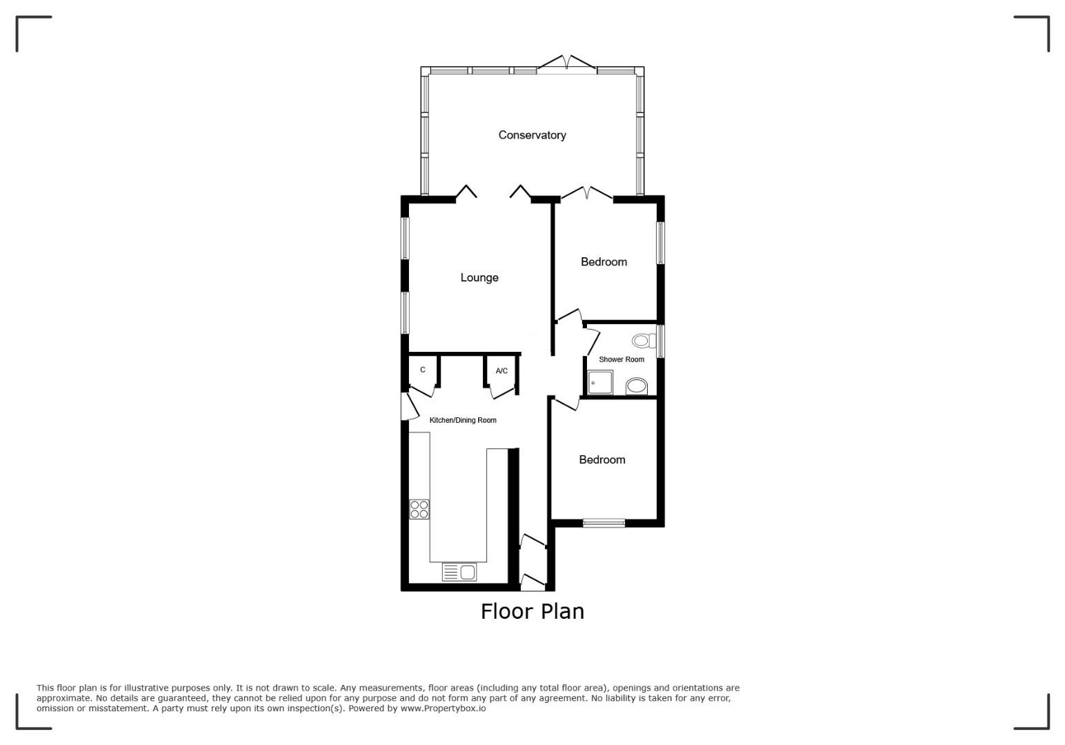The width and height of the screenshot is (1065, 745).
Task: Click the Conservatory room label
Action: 532,135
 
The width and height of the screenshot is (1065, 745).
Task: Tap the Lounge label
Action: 479,278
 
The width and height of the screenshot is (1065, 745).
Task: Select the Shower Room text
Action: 621,359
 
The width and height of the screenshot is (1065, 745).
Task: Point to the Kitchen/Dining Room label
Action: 463,420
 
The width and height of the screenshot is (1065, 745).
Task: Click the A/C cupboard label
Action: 501,371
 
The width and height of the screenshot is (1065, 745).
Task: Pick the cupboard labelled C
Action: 423,370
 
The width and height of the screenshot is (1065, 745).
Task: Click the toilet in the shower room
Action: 644,340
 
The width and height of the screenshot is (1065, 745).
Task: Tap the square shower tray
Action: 600,382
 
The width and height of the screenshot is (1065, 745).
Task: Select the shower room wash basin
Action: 637,386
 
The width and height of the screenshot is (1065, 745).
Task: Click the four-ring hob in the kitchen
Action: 419,509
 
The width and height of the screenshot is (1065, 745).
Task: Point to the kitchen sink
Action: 459,571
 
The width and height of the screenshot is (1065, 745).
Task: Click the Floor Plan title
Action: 532,611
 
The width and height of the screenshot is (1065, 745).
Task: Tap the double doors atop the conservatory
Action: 566,65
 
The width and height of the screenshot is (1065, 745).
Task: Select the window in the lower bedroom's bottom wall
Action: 604,523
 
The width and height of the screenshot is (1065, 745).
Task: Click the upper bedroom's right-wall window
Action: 660,243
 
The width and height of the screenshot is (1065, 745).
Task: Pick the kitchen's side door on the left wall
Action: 409,406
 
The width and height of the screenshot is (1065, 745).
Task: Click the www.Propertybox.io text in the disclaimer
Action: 443,708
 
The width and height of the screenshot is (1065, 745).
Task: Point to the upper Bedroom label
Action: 604,262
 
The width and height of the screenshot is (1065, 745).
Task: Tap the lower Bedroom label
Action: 602,459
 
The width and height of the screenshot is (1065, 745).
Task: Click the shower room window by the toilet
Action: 660,341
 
